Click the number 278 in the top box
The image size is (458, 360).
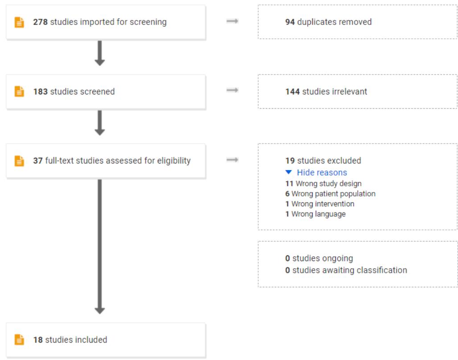tap(41, 22)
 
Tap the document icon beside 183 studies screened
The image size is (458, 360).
tap(20, 91)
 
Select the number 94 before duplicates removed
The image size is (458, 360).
tap(290, 22)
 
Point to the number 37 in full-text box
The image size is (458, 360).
tap(38, 160)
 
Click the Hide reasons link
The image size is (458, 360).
tap(322, 172)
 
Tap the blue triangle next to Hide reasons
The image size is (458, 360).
tap(289, 172)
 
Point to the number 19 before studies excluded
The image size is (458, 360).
tap(290, 160)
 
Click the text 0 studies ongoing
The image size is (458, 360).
tap(319, 258)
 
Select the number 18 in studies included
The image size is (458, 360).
tap(38, 340)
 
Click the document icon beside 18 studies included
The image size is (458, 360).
tap(20, 340)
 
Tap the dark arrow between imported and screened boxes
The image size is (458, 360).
tap(100, 53)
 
